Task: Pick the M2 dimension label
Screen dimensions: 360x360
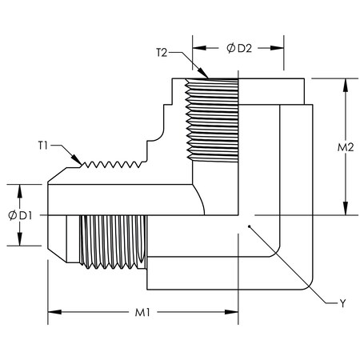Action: [x=346, y=150]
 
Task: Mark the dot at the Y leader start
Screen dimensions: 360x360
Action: [x=250, y=227]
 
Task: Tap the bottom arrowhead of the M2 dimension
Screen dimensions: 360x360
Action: [x=346, y=212]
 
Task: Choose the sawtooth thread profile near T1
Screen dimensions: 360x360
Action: [x=112, y=164]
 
